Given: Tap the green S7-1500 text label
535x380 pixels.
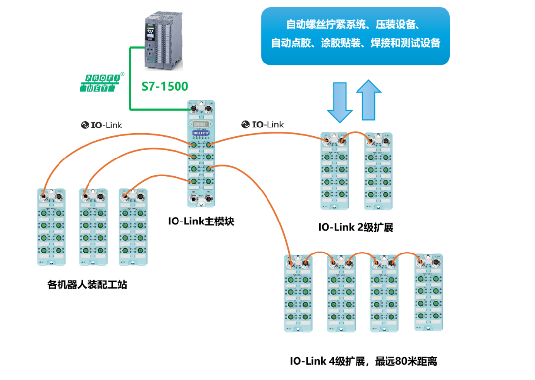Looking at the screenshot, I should click(x=165, y=87).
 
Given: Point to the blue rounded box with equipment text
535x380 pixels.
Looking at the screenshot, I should click(x=355, y=36).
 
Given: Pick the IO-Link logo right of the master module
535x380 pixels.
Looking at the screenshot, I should click(x=263, y=125).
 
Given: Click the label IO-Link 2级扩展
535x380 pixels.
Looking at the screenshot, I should click(x=356, y=227).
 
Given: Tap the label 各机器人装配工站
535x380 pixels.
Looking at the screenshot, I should click(x=87, y=284).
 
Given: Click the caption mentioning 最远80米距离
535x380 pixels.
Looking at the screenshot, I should click(x=363, y=361).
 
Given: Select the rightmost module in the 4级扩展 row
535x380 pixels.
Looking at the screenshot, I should click(x=428, y=293).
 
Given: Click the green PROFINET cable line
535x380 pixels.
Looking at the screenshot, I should click(x=131, y=79).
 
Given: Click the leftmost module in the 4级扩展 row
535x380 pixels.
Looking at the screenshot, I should click(x=299, y=294).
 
